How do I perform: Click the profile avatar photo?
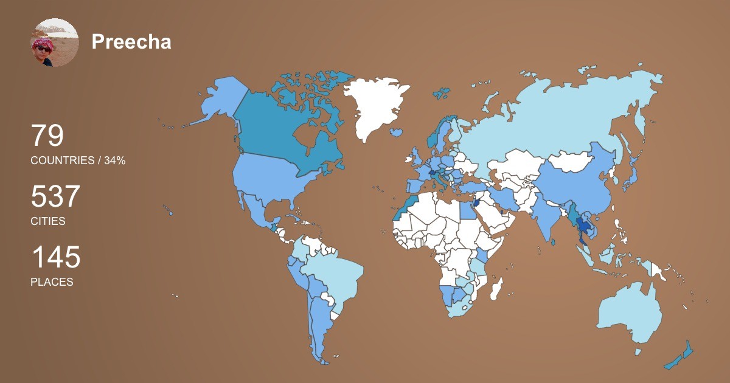55,43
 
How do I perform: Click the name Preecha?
131,42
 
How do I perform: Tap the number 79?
47,136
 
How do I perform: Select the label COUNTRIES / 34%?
78,160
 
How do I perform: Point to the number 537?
55,197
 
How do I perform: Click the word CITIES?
48,221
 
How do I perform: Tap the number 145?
55,258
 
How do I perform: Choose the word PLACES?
52,282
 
